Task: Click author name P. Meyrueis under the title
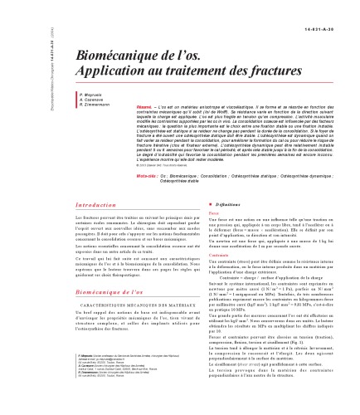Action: [68, 108]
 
